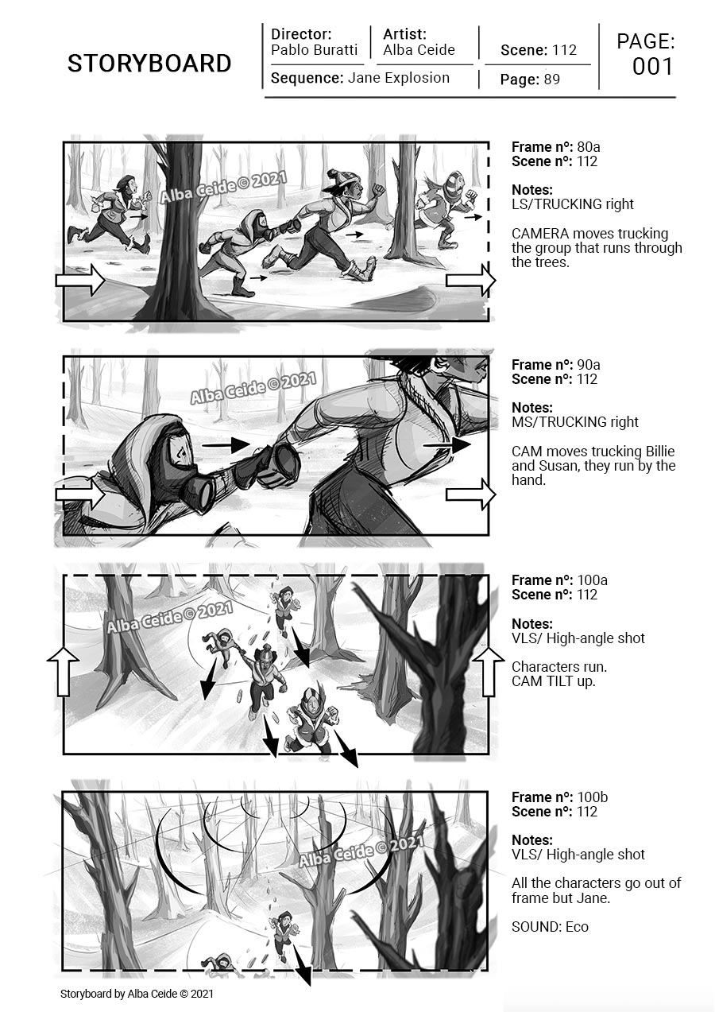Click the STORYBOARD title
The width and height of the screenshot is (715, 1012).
[149, 64]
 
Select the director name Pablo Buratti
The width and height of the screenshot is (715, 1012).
[314, 50]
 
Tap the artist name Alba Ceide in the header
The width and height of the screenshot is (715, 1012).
[419, 50]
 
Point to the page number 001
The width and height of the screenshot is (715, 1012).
[653, 67]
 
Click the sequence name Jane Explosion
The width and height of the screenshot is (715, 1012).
[399, 78]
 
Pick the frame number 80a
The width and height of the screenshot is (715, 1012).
[589, 147]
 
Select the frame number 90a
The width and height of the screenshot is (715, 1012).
[589, 365]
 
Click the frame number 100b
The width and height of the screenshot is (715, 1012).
[593, 797]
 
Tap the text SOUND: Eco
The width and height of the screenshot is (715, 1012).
[550, 927]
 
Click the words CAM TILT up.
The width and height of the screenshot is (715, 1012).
[554, 680]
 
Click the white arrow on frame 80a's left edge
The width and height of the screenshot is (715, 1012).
[80, 280]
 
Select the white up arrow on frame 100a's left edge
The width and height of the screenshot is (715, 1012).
[64, 671]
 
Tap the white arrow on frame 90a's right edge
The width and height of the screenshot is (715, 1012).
[471, 494]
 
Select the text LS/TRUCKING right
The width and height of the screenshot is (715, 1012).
[572, 204]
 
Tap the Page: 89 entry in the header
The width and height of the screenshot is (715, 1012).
[530, 79]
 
